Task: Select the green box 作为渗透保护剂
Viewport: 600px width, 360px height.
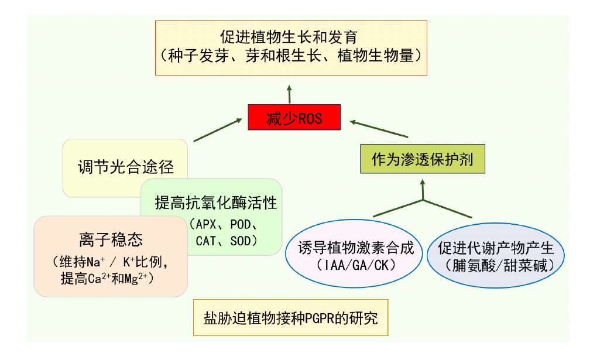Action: (x=422, y=159)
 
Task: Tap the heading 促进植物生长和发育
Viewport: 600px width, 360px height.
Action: (x=291, y=37)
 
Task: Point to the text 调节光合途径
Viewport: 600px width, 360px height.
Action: (x=126, y=167)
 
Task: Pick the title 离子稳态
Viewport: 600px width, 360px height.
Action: (x=111, y=239)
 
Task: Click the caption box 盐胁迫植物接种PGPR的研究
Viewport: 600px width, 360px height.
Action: (x=290, y=318)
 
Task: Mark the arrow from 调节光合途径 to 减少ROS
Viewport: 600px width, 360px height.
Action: (x=217, y=129)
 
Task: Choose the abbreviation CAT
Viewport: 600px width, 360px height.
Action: (x=207, y=241)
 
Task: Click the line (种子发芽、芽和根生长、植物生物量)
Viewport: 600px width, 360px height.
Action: (x=291, y=56)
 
